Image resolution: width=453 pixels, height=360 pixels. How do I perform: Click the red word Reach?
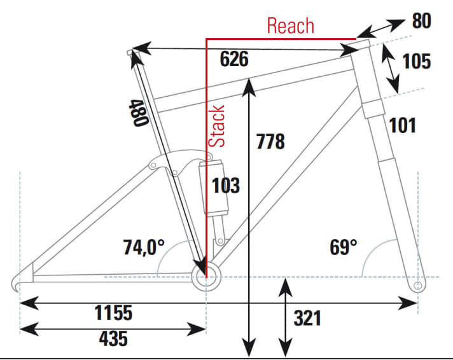coord(290,25)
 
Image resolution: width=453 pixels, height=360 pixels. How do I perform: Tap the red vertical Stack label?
coord(218,126)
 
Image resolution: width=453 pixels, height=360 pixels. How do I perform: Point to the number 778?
coord(270,141)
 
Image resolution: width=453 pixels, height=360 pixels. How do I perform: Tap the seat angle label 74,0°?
coord(144,247)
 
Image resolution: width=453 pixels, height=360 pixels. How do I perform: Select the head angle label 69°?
coord(344,247)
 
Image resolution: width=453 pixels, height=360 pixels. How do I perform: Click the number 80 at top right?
coord(421,21)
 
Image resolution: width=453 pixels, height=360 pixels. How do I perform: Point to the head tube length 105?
coord(416,61)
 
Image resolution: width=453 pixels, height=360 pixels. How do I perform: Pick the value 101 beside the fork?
coord(402,125)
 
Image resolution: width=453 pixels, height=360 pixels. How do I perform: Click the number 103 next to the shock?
coord(225,185)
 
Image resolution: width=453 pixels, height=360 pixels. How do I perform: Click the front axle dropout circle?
coord(417,287)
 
